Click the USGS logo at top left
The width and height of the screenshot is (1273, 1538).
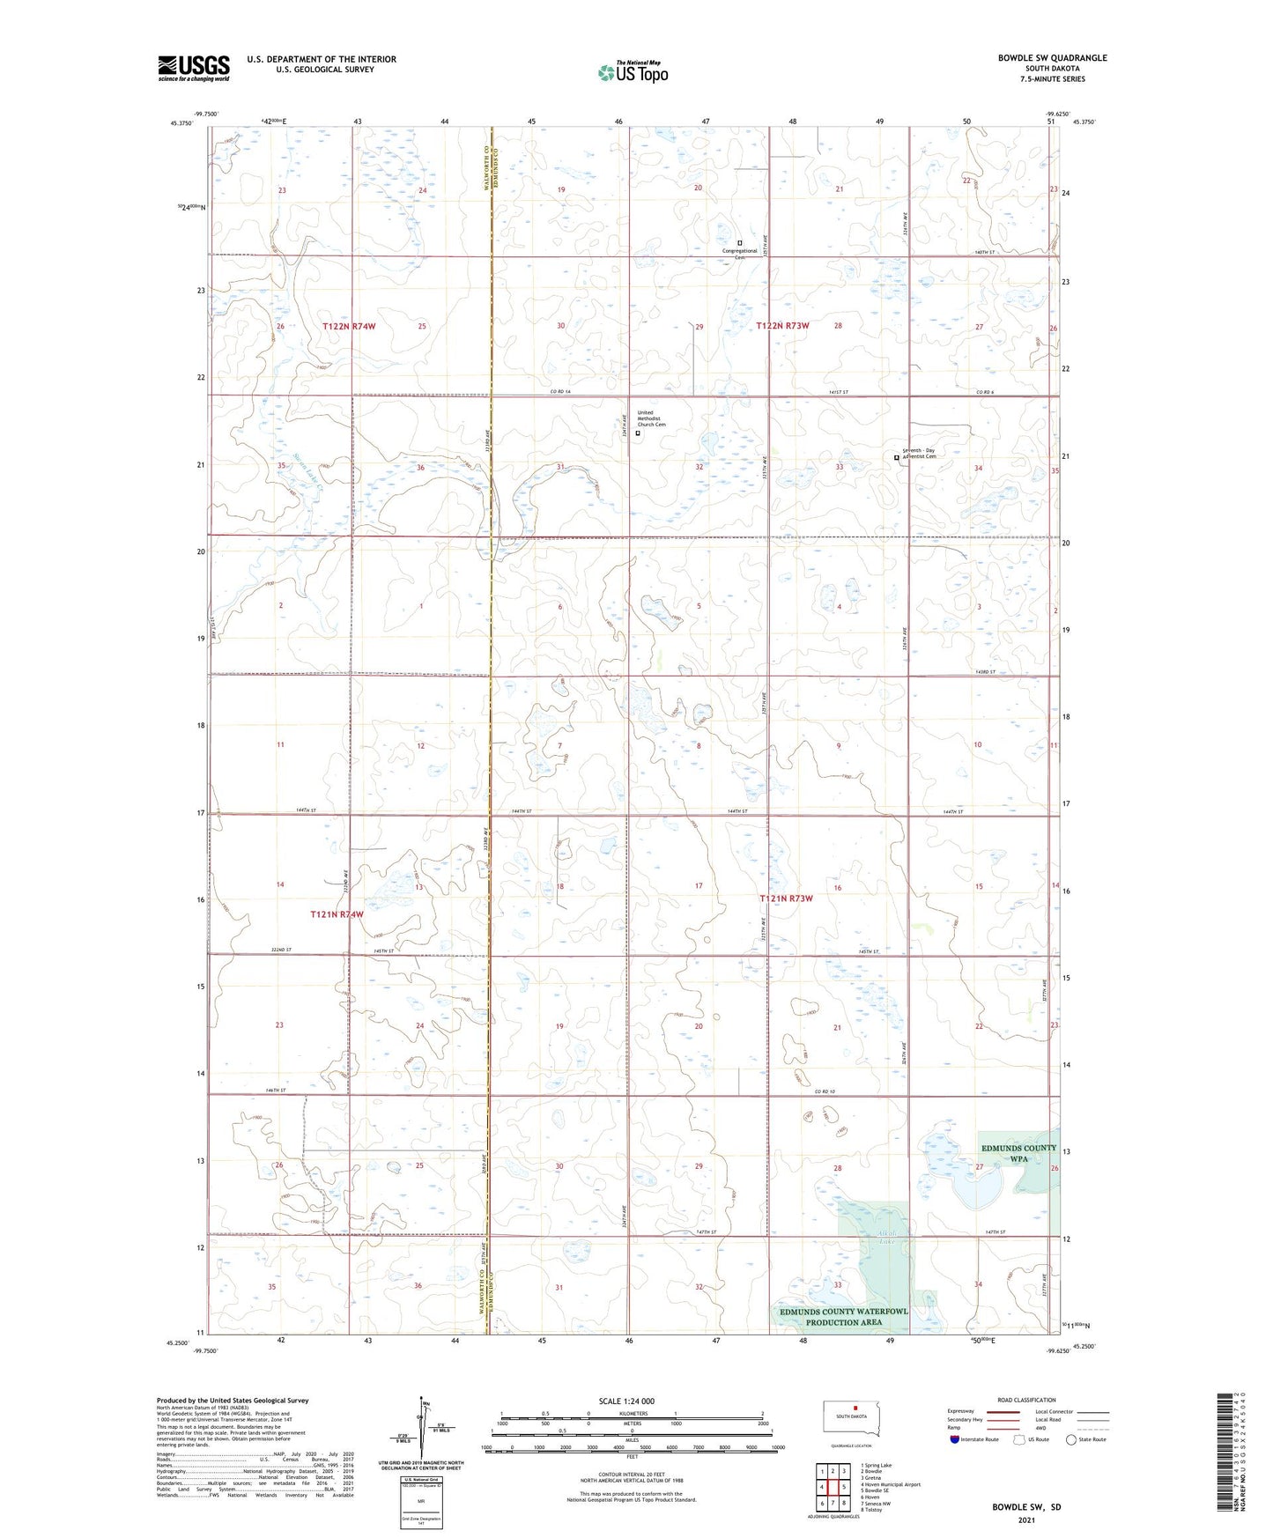[193, 68]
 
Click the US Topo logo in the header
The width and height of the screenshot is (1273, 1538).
[633, 71]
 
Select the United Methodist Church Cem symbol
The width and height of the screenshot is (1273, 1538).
[638, 433]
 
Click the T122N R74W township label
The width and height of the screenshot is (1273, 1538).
[349, 326]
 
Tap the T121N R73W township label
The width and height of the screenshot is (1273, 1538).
[786, 898]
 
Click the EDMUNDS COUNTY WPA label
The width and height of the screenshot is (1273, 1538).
[1018, 1153]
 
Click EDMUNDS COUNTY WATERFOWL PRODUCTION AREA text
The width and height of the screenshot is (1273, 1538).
[843, 1317]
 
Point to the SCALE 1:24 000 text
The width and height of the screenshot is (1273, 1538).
[626, 1401]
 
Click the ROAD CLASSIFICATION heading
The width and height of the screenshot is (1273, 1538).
[1027, 1400]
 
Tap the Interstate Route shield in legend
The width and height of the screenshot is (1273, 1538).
[955, 1439]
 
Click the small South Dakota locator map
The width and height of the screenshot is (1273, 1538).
[851, 1417]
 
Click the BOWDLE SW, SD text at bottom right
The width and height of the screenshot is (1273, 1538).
[1026, 1507]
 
